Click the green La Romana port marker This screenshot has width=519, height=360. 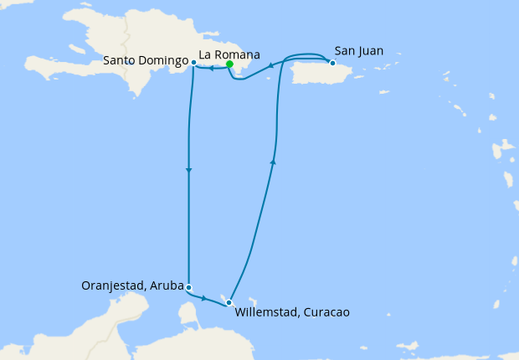point(229,63)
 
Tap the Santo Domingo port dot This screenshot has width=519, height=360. point(193,62)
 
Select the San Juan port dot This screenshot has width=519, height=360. point(332,63)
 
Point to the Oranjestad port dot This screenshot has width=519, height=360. point(189,287)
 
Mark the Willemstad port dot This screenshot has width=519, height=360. point(229,302)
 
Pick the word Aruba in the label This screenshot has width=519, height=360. point(167,285)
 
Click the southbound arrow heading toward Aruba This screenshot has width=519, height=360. point(189,171)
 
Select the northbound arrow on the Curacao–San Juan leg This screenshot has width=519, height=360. point(274,162)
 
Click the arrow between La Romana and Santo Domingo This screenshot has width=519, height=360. point(211,69)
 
